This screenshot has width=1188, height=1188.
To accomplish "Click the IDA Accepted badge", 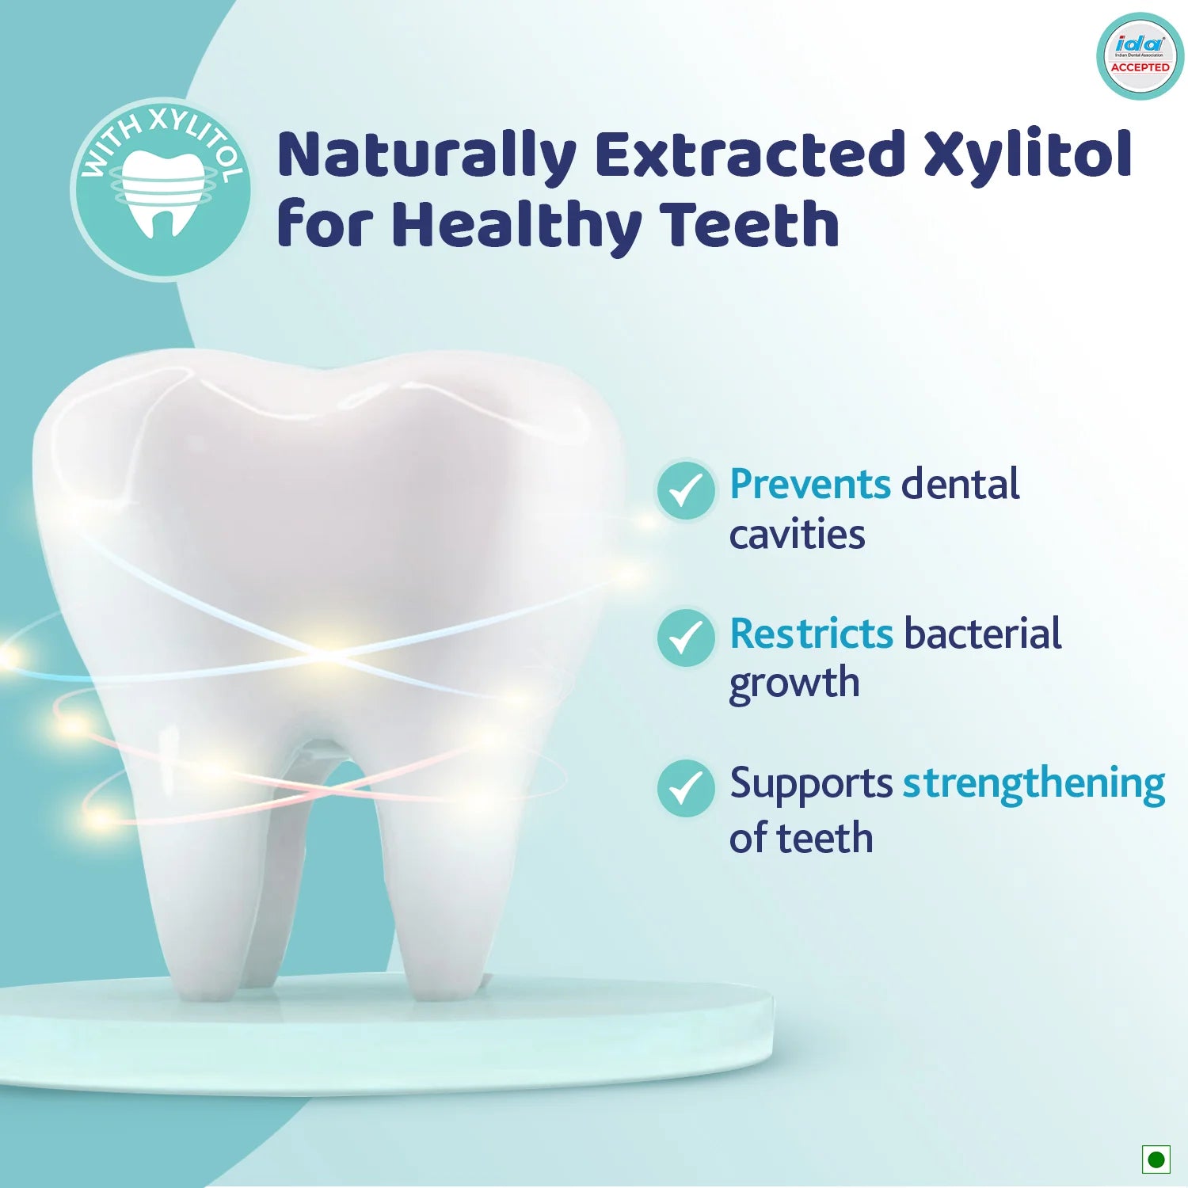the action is click(x=1140, y=56).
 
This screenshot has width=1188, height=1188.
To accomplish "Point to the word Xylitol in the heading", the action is click(x=1028, y=156).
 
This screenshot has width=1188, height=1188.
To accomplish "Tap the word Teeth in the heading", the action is click(x=750, y=224).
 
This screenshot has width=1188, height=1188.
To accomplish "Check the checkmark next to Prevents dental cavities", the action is click(x=686, y=490).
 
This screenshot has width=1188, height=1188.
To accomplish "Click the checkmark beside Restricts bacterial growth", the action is click(x=686, y=638).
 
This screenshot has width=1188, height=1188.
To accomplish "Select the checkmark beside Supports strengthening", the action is click(x=686, y=788).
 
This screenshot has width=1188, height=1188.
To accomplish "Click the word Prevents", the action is click(x=810, y=484).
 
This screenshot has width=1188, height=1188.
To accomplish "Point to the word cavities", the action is click(x=797, y=535).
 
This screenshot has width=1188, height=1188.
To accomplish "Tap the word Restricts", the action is click(x=811, y=634).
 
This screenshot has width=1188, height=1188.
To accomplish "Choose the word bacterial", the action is click(x=982, y=633).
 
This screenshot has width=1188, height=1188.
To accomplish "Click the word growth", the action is click(x=794, y=684).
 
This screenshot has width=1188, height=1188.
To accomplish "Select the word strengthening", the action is click(x=1034, y=785).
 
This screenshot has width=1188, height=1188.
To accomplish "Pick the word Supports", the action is click(x=811, y=785).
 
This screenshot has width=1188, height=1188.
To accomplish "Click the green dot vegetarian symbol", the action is click(x=1156, y=1159).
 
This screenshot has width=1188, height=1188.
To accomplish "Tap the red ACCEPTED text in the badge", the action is click(x=1140, y=67).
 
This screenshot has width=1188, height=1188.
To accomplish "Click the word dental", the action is click(x=960, y=483).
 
